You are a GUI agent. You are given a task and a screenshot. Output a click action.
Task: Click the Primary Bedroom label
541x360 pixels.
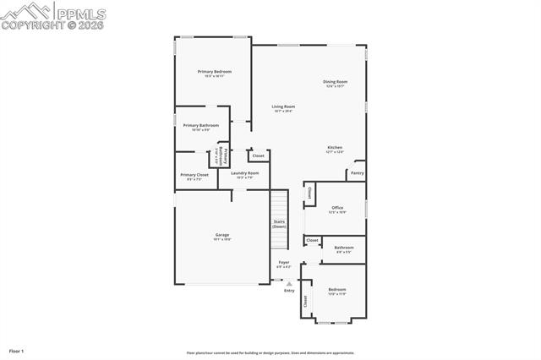(215, 72)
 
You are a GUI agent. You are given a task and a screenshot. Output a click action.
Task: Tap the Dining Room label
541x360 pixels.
(336, 82)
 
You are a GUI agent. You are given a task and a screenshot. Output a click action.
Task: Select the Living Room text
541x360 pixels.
(283, 106)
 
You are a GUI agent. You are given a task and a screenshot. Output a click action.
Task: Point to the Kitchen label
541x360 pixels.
(336, 147)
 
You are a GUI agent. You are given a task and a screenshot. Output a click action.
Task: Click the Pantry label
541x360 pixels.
(357, 172)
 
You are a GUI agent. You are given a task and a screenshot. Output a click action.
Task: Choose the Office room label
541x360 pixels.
(337, 207)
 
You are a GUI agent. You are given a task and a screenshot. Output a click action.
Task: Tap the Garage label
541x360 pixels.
(222, 235)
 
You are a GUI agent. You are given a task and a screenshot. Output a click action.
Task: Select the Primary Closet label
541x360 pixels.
(194, 175)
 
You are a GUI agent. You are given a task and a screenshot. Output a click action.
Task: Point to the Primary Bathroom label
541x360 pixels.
(201, 125)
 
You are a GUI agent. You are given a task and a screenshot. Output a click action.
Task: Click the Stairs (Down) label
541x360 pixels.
(279, 224)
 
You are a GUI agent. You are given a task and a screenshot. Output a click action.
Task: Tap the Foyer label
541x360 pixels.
(284, 262)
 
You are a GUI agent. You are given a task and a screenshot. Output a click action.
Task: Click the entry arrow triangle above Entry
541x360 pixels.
(289, 283)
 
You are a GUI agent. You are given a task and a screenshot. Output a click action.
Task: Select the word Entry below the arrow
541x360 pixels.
(289, 291)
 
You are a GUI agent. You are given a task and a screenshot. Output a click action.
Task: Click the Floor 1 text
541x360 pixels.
(17, 350)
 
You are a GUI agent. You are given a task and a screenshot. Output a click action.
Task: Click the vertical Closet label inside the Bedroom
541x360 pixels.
(306, 300)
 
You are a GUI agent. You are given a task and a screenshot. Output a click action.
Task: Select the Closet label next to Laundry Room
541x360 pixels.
(259, 155)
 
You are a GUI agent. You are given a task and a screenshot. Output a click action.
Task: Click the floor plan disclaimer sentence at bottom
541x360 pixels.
(270, 353)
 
